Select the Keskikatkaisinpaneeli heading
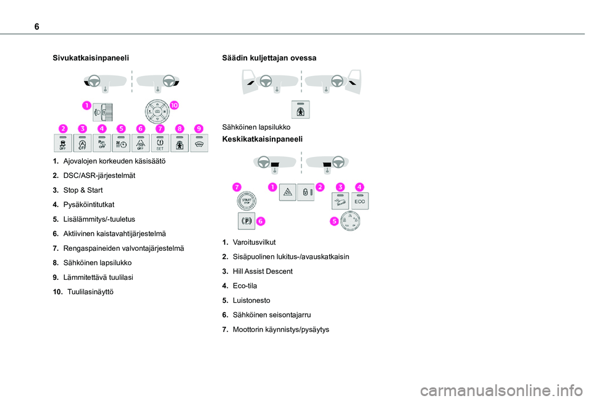coord(262,140)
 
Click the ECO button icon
coord(360,200)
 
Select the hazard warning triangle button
coord(288,193)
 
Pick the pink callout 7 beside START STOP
coord(237,186)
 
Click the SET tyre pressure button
coord(160,144)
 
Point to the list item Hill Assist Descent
coord(263,271)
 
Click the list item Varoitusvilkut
coord(254,242)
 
